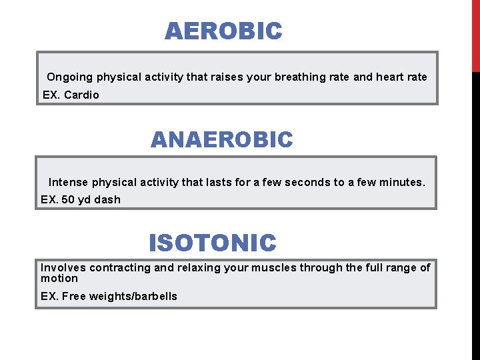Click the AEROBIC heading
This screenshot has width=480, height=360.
click(223, 31)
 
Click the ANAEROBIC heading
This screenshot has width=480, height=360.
click(221, 140)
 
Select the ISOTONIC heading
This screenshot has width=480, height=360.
click(212, 243)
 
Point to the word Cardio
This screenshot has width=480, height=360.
click(81, 95)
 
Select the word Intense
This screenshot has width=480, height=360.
click(68, 182)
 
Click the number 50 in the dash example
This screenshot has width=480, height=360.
click(69, 199)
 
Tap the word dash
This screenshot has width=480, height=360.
click(107, 199)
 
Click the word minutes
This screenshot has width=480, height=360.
click(399, 182)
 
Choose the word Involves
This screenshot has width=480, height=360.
click(63, 268)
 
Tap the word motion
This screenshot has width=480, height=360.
click(59, 279)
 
